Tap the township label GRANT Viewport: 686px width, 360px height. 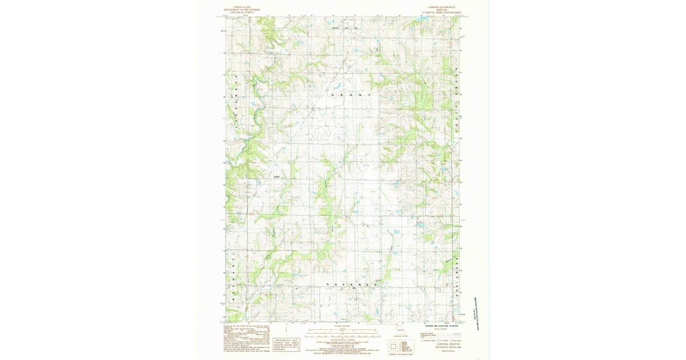350,94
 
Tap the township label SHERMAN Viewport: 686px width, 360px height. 351,284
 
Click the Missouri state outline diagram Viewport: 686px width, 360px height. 399,330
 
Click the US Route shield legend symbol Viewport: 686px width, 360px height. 438,340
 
